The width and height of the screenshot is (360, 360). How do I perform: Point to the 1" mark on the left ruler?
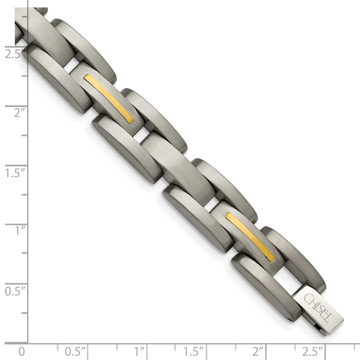19,230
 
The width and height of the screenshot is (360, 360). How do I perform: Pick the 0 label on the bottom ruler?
21,351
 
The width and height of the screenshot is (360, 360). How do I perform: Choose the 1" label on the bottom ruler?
140,351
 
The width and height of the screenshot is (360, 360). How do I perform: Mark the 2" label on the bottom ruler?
258,351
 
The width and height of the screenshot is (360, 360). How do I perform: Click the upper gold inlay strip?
108,98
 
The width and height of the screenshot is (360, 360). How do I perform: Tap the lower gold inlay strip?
249,236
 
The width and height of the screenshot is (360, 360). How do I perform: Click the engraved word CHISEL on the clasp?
317,305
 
